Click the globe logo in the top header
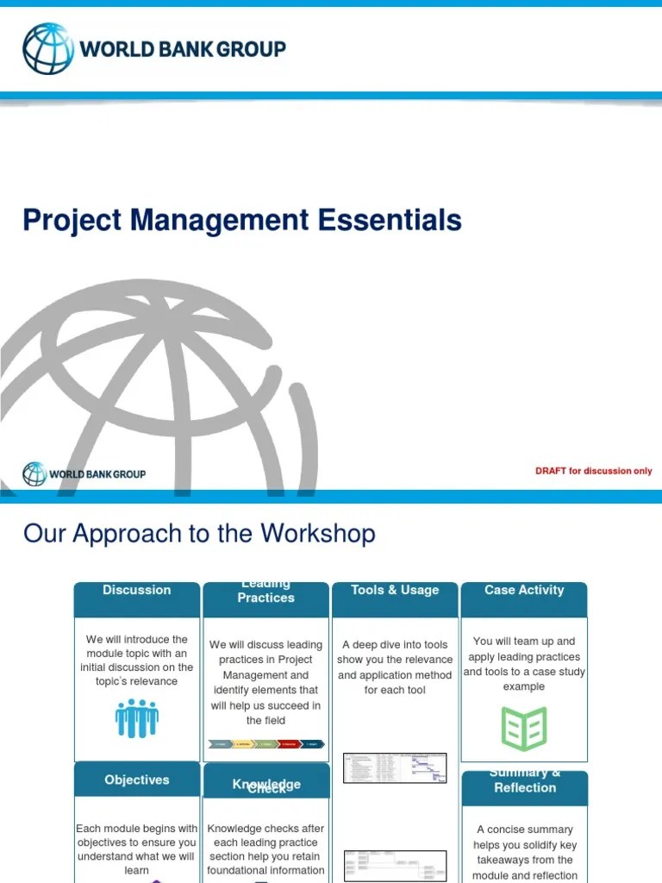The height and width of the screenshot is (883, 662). click(x=49, y=48)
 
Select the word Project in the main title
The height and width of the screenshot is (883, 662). click(x=72, y=220)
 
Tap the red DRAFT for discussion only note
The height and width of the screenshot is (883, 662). click(x=593, y=471)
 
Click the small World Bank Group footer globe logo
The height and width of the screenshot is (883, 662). click(x=34, y=473)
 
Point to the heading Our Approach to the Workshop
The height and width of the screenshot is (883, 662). click(x=199, y=533)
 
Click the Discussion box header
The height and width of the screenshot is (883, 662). click(x=136, y=591)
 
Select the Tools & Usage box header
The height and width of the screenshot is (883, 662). click(x=395, y=591)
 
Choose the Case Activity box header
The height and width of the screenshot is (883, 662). click(x=524, y=591)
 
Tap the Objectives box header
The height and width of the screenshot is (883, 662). click(x=136, y=780)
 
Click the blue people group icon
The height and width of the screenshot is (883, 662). click(x=136, y=718)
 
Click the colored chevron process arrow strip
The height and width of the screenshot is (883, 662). click(x=265, y=743)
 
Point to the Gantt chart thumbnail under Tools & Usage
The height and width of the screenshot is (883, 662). click(x=395, y=767)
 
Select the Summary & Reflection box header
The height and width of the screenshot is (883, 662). click(x=524, y=782)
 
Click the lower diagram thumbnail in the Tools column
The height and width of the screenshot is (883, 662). click(x=395, y=865)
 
